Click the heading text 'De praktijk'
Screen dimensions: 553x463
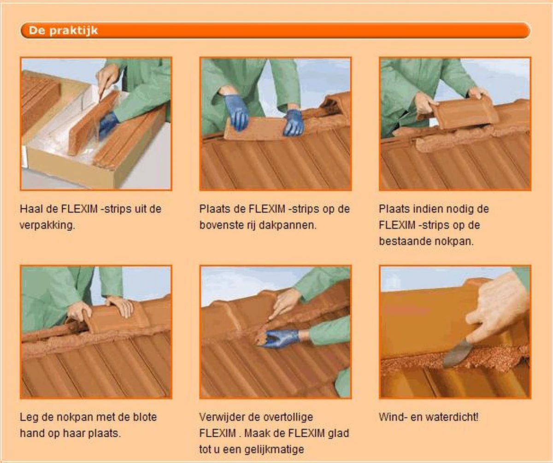click(63, 31)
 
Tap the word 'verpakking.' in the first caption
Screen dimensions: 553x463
click(47, 225)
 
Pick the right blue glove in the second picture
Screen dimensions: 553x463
click(294, 122)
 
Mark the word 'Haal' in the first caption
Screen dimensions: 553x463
click(31, 209)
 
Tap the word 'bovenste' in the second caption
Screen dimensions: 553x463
click(219, 225)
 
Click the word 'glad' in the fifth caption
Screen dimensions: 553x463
click(338, 434)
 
